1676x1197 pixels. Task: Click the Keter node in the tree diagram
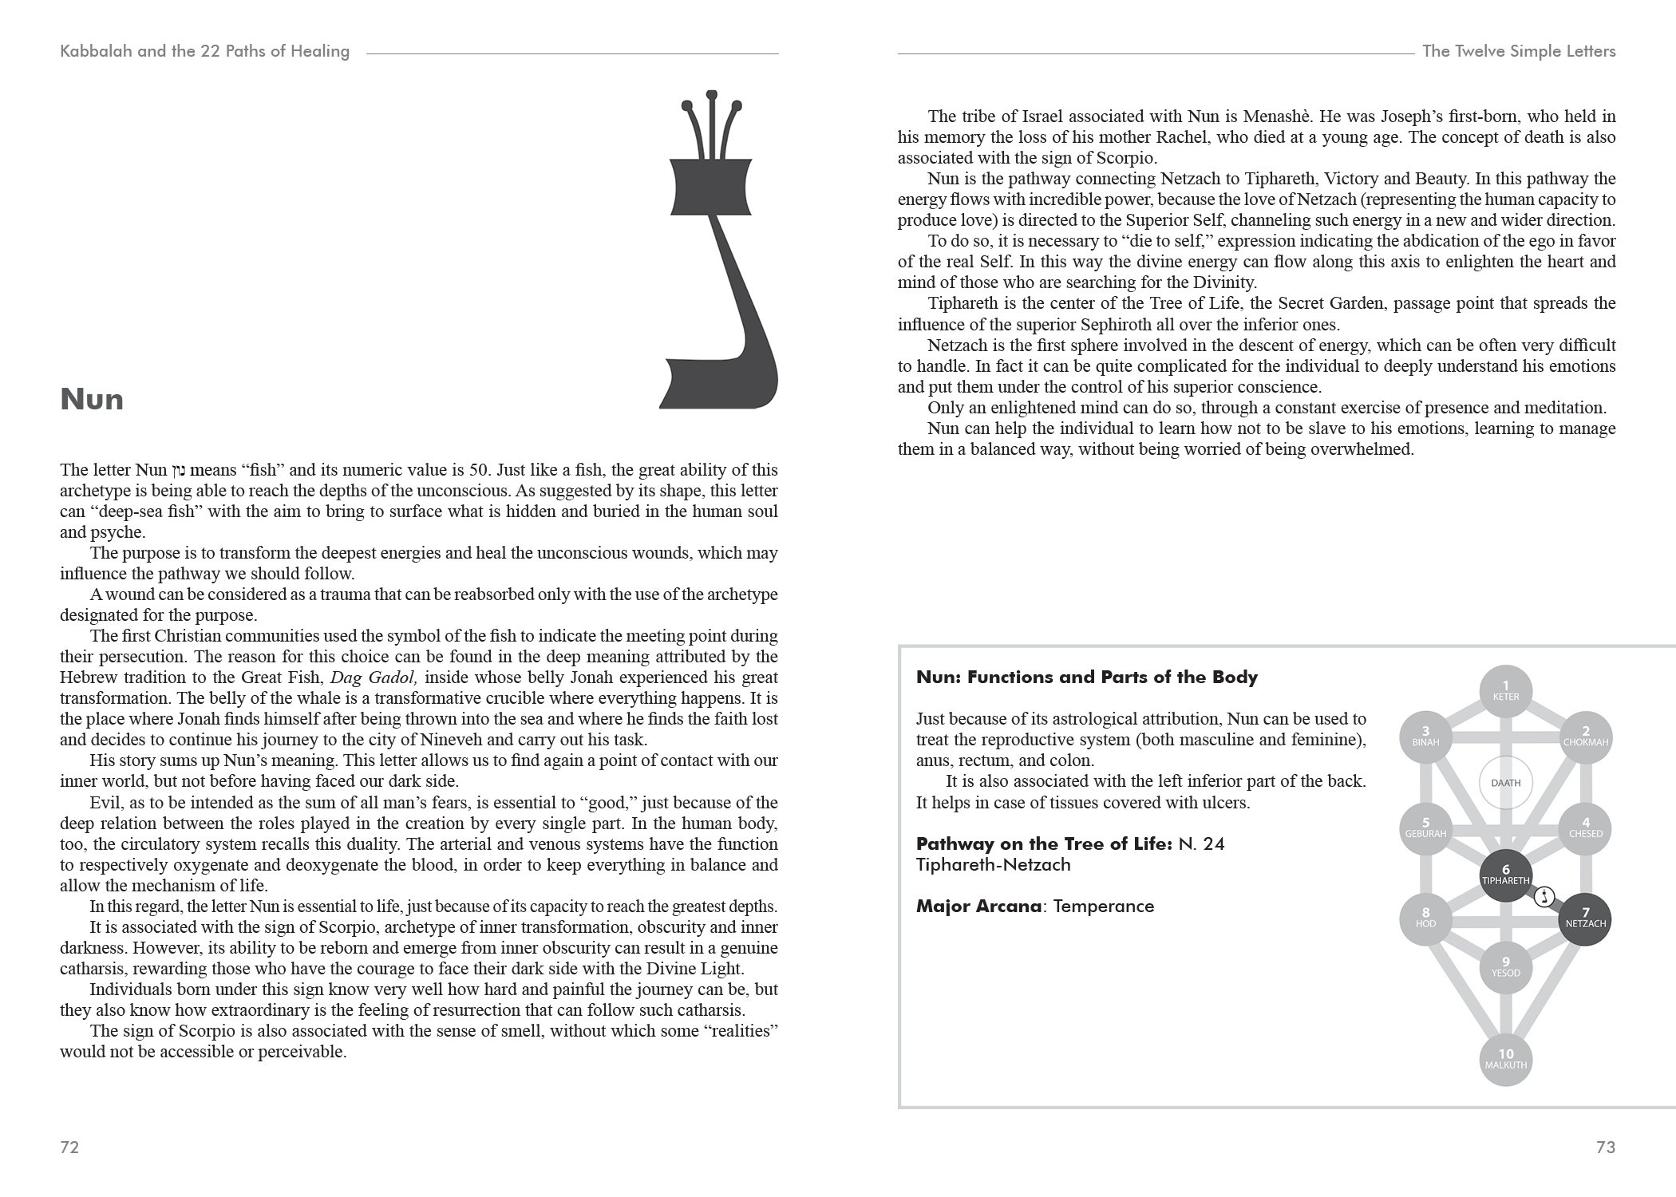(1505, 691)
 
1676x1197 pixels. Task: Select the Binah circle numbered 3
(1426, 737)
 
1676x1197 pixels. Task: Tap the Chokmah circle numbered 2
(1585, 737)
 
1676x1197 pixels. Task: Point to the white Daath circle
(1505, 783)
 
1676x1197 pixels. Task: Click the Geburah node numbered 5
(1426, 828)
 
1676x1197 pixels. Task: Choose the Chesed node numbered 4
(1585, 828)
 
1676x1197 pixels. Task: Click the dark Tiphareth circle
(1505, 875)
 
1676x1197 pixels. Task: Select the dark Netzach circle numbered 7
(1585, 919)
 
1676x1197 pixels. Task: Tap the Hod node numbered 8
(1426, 919)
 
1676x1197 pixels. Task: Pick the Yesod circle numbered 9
(1505, 967)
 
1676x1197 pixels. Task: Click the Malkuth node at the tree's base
(1505, 1060)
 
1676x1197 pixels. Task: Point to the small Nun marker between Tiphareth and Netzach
(1544, 897)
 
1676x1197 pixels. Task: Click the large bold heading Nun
(92, 399)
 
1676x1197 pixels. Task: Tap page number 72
(69, 1148)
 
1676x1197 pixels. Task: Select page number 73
(1606, 1148)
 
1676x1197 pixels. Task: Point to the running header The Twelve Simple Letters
(1519, 51)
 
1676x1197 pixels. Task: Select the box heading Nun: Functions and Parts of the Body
(1086, 678)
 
